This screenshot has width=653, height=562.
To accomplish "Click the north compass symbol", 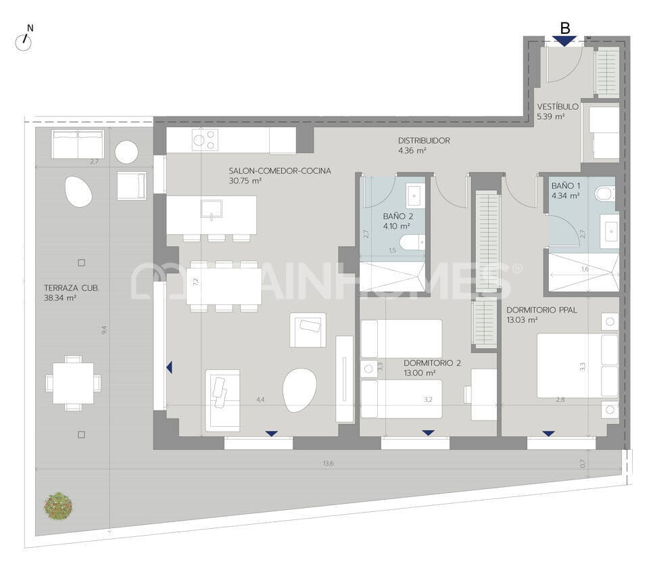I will pos(24,41).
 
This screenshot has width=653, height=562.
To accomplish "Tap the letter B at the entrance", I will pos(565,28).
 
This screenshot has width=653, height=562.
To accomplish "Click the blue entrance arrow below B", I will pos(564,41).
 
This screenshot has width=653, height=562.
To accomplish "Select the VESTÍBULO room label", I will pos(558,107).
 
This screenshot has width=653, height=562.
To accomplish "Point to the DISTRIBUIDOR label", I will pos(423,141).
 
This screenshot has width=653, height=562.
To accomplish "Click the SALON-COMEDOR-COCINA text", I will pos(280,171).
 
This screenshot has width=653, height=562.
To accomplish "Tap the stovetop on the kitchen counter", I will pos(205,140).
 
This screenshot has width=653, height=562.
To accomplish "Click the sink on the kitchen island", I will pos(211,208).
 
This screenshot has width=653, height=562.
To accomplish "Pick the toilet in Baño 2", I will pos(412,242).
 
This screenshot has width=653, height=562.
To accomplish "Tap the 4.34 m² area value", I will pos(565,196).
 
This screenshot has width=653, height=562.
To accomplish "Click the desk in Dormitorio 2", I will pos(483,394).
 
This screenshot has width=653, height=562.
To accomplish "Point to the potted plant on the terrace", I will pos(58,505).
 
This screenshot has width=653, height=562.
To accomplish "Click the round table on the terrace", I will pos(126,152).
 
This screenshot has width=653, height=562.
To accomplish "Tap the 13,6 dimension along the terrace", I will pos(328,463).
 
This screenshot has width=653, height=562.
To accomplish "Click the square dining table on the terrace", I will pos(73,383).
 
